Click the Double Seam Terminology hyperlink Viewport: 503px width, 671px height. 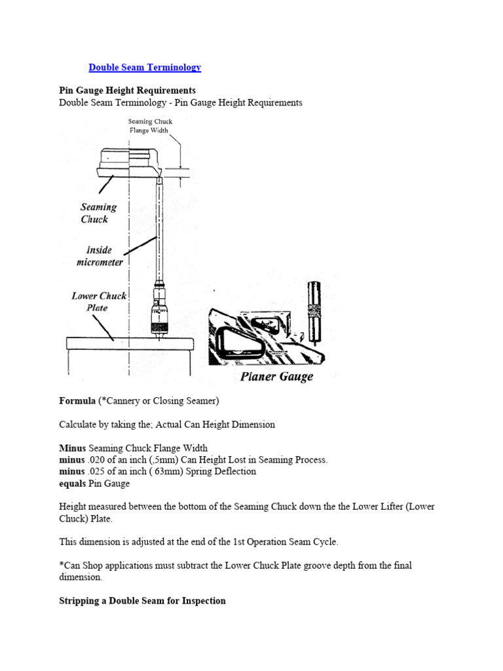tap(145, 67)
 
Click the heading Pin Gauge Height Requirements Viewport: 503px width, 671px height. tap(127, 90)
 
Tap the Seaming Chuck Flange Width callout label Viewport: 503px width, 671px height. tap(149, 126)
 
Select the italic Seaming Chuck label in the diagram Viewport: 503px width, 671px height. tap(98, 213)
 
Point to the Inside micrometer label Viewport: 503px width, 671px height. tap(99, 256)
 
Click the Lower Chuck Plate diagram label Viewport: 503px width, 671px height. tap(98, 301)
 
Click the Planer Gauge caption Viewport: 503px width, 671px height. tap(276, 376)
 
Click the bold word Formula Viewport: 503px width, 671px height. tap(77, 400)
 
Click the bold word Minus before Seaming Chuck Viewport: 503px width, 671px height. tap(72, 448)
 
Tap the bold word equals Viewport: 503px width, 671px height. tap(73, 484)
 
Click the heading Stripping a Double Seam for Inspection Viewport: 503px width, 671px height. tap(142, 600)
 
